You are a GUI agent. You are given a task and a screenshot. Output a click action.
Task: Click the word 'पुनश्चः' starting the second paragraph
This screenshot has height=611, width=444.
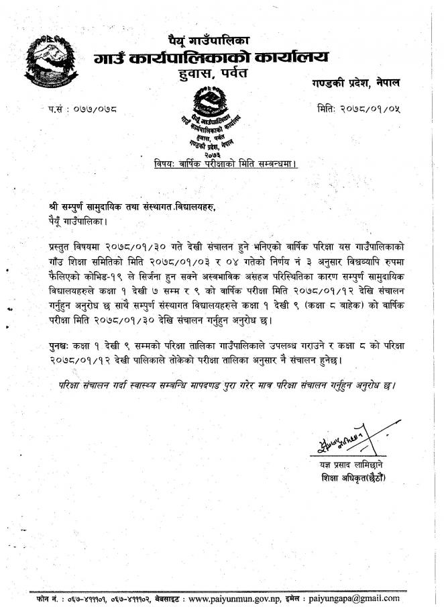[65, 344]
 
